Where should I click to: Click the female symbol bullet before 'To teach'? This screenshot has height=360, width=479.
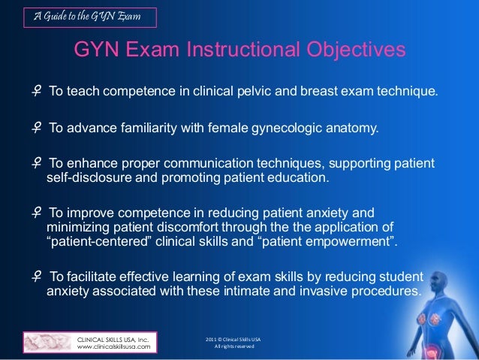pos(37,92)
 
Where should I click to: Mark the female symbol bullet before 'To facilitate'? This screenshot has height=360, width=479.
pos(37,277)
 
